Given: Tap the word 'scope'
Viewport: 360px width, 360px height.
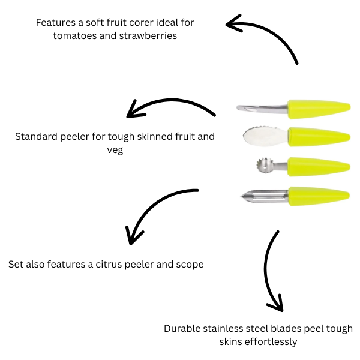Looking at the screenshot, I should (188, 264).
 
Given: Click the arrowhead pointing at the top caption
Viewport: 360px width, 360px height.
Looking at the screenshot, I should (233, 24).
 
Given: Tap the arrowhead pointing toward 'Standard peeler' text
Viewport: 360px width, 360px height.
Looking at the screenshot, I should (133, 111).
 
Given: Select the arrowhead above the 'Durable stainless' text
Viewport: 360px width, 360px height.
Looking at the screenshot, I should (275, 305).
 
